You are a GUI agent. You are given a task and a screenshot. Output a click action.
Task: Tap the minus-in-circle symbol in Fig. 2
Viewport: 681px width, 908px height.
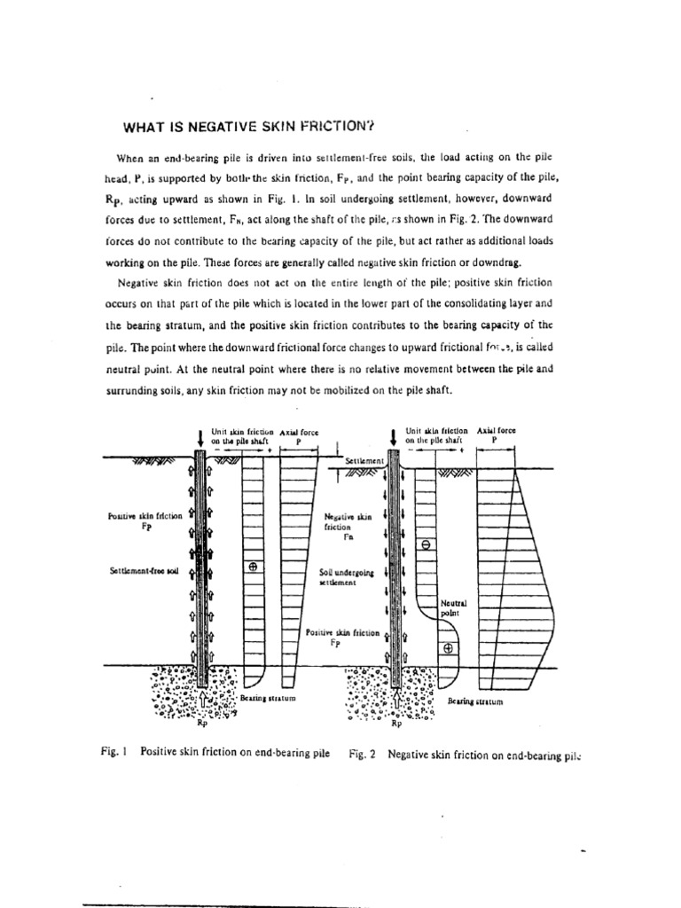pyautogui.click(x=426, y=545)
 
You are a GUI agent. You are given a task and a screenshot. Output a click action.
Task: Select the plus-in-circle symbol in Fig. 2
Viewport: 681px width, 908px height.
pyautogui.click(x=449, y=648)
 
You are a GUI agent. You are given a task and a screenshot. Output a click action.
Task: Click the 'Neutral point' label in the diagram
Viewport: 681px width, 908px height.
pyautogui.click(x=452, y=607)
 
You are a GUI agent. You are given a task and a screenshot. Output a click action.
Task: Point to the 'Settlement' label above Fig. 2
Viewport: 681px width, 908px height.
pyautogui.click(x=365, y=461)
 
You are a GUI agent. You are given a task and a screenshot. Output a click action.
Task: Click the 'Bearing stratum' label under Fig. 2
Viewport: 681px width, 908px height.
pyautogui.click(x=475, y=701)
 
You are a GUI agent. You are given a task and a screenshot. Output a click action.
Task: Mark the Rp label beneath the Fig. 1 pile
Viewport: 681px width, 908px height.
pyautogui.click(x=200, y=721)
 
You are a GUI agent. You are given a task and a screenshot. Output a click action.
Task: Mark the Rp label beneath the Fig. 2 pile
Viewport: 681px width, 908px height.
pyautogui.click(x=396, y=722)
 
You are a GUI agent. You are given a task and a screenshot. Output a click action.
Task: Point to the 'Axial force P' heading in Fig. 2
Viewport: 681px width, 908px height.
pyautogui.click(x=496, y=434)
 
